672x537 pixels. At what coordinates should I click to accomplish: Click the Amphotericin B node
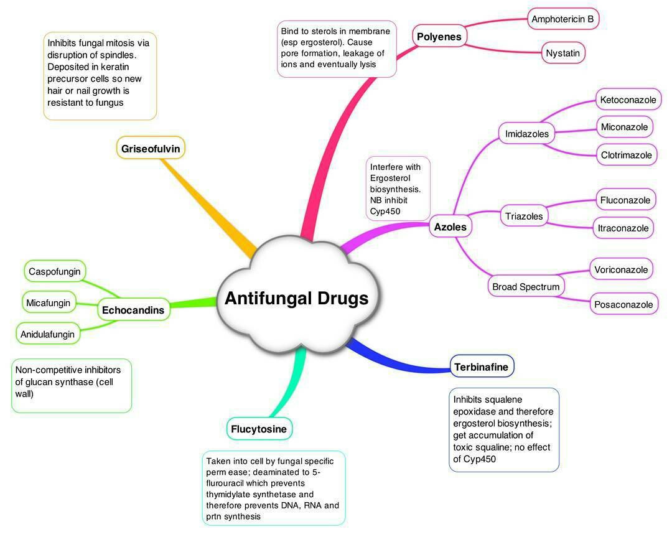562,19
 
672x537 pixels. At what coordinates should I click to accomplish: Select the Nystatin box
562,53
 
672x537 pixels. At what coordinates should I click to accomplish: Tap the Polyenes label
439,37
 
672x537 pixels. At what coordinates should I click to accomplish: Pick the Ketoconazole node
628,100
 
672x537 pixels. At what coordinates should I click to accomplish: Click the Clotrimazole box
627,155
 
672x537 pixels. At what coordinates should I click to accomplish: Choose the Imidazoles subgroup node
527,134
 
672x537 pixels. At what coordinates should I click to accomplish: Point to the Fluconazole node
625,200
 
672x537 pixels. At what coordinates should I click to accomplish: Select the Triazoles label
524,217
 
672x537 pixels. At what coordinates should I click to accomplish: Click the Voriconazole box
621,269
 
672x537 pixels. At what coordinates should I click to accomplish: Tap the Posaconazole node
623,304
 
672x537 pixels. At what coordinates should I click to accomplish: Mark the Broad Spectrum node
526,287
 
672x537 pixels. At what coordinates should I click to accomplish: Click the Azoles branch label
450,227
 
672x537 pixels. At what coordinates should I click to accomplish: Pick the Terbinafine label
481,367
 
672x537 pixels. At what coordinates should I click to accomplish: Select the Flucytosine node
259,429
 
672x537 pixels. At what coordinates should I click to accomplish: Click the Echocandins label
133,310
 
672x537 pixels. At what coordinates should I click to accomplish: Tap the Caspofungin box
55,272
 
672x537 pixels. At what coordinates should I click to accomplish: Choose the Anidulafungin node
47,334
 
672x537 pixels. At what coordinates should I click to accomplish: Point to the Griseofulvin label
151,149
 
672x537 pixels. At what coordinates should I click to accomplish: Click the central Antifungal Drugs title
296,298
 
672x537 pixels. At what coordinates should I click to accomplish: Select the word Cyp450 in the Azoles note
386,212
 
